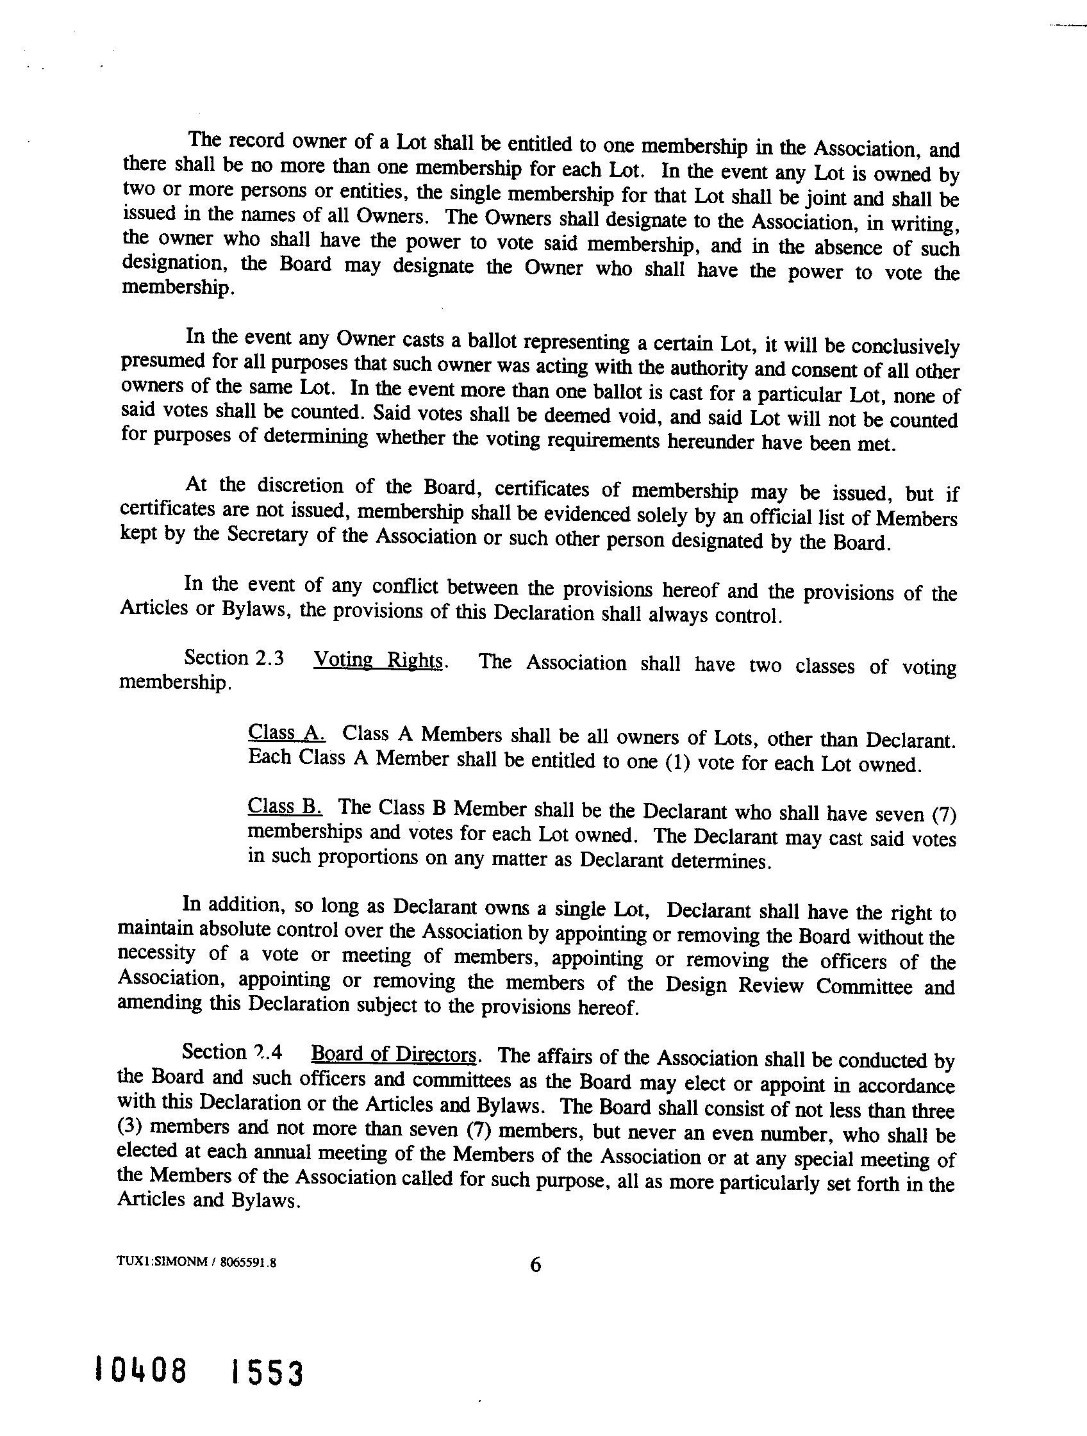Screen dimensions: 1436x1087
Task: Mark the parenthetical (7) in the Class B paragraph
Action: coord(943,814)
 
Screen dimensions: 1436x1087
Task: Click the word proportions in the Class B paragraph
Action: coord(368,858)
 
